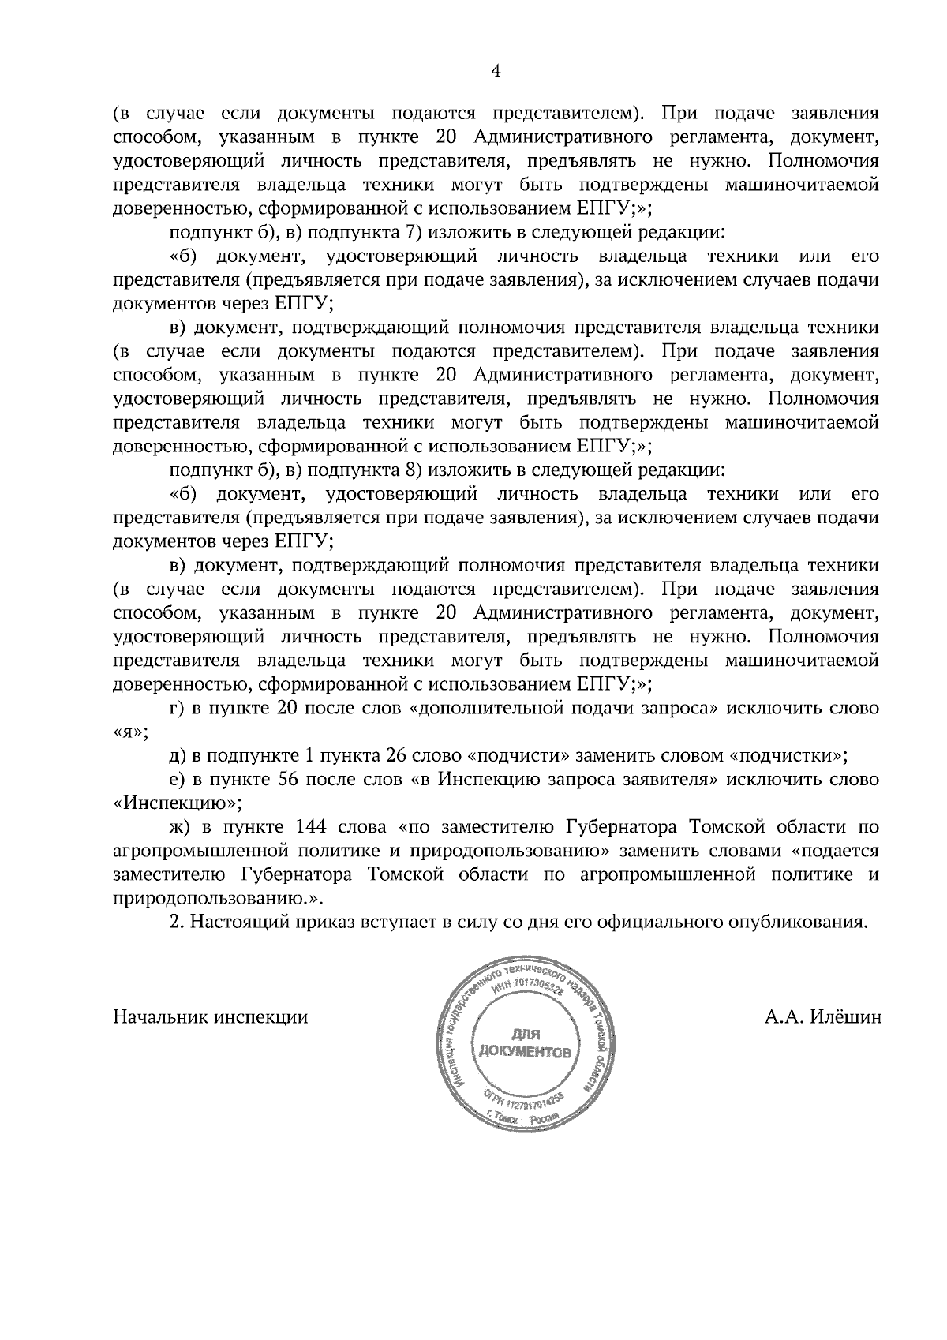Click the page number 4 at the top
coord(496,72)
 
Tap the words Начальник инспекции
coord(211,1016)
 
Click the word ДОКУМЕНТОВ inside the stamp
coord(524,1052)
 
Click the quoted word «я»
coord(129,732)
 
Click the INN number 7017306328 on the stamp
coord(536,988)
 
